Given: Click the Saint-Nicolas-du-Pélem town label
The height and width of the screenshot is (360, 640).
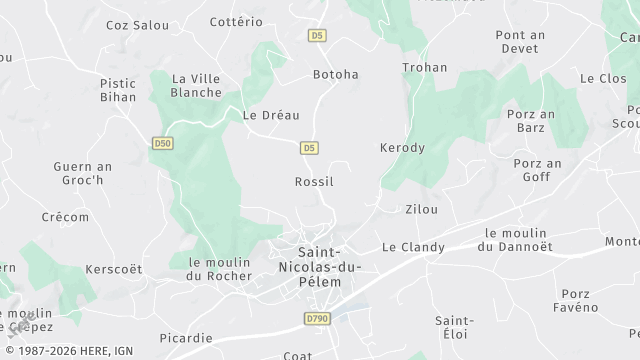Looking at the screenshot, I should pyautogui.click(x=320, y=267).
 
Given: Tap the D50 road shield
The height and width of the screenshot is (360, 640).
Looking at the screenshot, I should pyautogui.click(x=162, y=144).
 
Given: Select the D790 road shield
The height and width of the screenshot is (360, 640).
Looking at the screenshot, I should pyautogui.click(x=316, y=319).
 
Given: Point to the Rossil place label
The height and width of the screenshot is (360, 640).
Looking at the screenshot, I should pyautogui.click(x=314, y=182).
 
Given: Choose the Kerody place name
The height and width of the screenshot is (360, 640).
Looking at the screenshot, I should pyautogui.click(x=402, y=148).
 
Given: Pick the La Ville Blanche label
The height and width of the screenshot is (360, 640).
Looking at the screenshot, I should pyautogui.click(x=197, y=85).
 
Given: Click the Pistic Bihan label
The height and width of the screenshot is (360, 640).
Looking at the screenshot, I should pyautogui.click(x=118, y=91).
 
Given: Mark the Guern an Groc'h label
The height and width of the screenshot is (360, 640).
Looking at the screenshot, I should pyautogui.click(x=84, y=174).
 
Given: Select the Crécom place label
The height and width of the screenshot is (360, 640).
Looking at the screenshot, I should pyautogui.click(x=65, y=217).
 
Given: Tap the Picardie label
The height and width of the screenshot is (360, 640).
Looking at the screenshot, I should pyautogui.click(x=185, y=337).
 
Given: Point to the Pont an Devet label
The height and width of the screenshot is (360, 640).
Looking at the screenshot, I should pyautogui.click(x=520, y=41).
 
